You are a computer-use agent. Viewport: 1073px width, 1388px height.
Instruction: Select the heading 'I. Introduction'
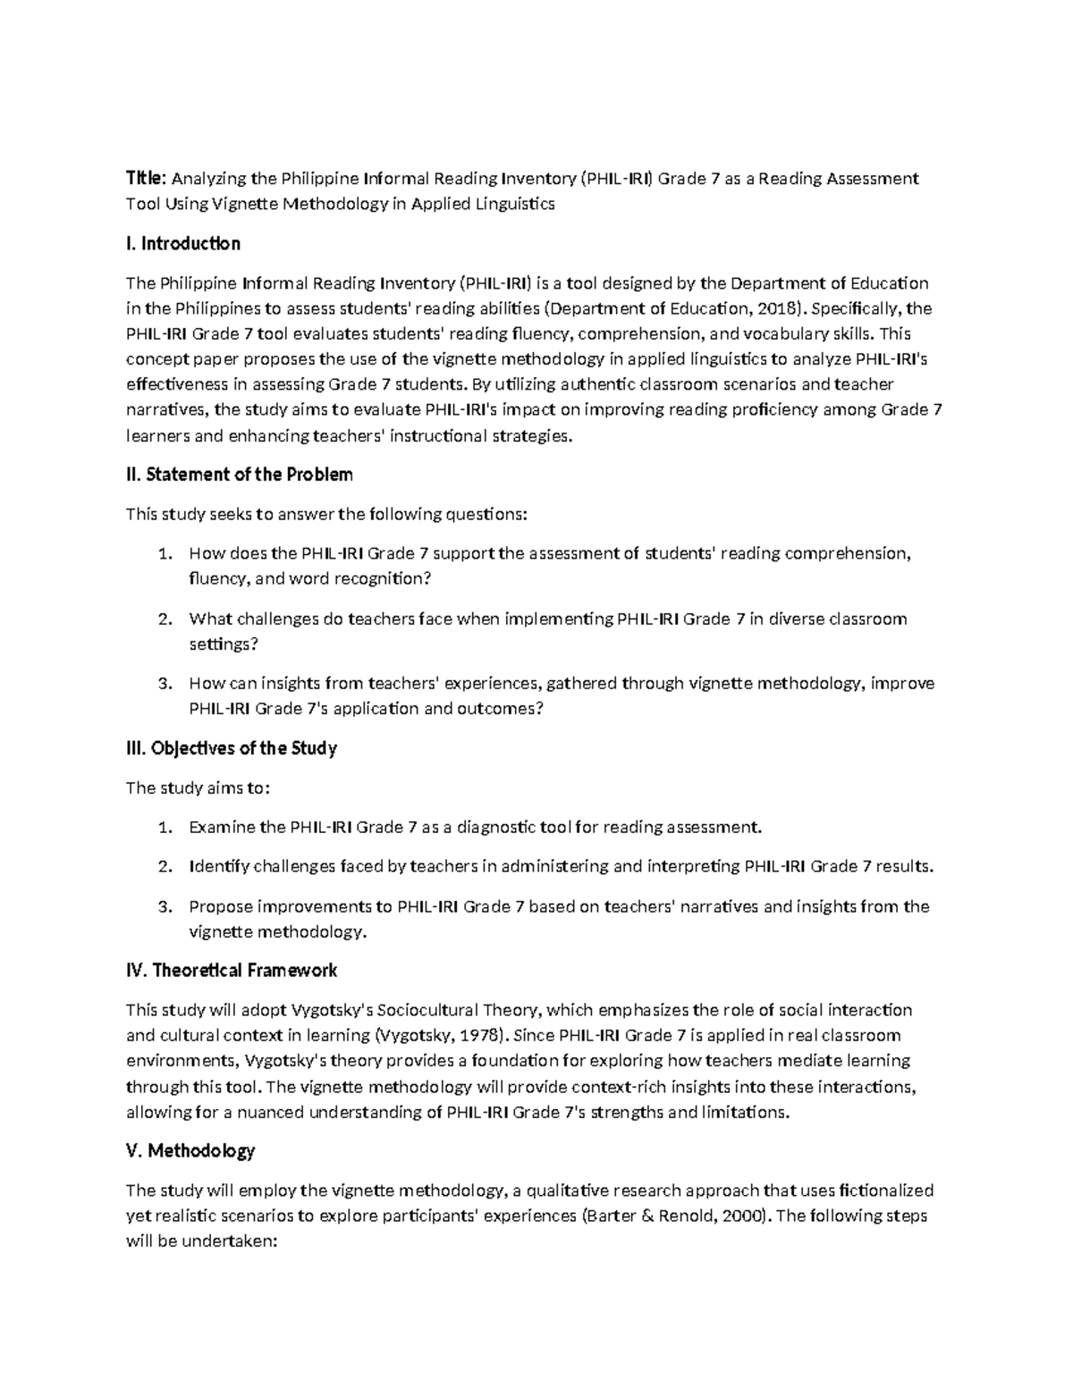tap(183, 244)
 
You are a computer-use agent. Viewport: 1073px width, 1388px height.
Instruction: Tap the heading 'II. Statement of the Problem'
tap(240, 475)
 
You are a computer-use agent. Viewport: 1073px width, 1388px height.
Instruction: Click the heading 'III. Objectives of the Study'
tap(232, 748)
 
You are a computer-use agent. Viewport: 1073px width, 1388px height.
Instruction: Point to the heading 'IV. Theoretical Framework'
tap(232, 971)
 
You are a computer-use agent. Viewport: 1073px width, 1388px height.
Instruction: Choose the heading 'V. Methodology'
tap(190, 1151)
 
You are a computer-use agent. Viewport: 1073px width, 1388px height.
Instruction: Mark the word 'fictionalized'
tap(881, 1190)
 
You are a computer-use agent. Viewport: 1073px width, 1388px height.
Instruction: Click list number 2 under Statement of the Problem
tap(164, 619)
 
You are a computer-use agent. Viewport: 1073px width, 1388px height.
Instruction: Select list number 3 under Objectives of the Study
tap(164, 907)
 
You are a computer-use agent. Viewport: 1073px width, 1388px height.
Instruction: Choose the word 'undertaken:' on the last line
tap(239, 1242)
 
